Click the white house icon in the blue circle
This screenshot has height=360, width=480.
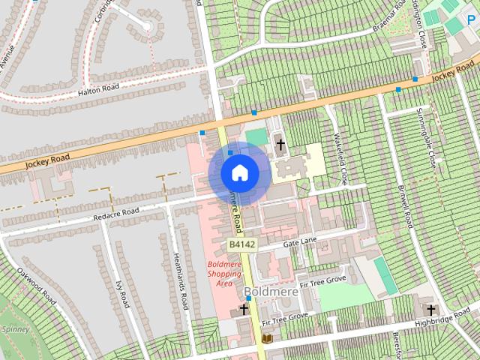click(239, 172)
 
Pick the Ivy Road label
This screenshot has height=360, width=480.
click(121, 289)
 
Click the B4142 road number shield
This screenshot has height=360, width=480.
click(241, 244)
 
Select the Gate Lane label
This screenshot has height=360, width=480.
click(299, 241)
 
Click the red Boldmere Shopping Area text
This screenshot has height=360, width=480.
click(224, 274)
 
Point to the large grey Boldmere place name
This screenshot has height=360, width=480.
click(271, 292)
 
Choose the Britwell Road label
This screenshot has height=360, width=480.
click(406, 206)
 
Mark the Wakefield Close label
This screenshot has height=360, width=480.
click(339, 156)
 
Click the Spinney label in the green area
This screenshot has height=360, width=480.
click(15, 328)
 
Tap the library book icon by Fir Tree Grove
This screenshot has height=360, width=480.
click(267, 339)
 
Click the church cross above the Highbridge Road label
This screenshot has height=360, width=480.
click(431, 309)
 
